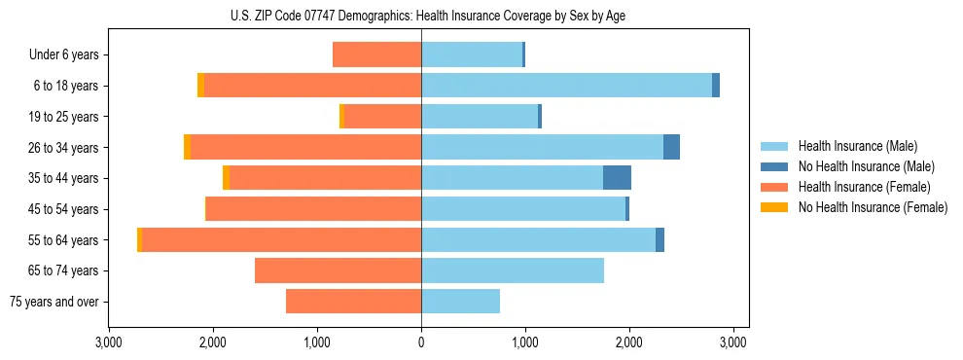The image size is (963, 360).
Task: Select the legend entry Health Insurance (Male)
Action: (x=857, y=146)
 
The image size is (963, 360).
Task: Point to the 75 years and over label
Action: (x=54, y=302)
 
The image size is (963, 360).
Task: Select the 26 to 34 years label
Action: (x=64, y=148)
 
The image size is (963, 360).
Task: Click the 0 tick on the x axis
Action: (x=421, y=342)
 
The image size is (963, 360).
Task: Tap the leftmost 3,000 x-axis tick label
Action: (x=109, y=342)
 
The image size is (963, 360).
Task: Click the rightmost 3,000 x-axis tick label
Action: (x=733, y=342)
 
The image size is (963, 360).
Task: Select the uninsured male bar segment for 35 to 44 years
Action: (x=617, y=178)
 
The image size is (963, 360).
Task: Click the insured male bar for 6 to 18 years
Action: (x=566, y=86)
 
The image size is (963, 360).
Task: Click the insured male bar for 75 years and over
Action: (x=460, y=302)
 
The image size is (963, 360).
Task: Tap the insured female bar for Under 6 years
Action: (x=377, y=55)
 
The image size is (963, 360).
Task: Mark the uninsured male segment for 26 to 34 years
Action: (x=671, y=148)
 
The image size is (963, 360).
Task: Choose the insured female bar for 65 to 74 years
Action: (x=338, y=270)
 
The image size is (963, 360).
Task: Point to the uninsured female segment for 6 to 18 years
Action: (x=200, y=86)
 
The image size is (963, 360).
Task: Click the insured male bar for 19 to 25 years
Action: (x=480, y=117)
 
